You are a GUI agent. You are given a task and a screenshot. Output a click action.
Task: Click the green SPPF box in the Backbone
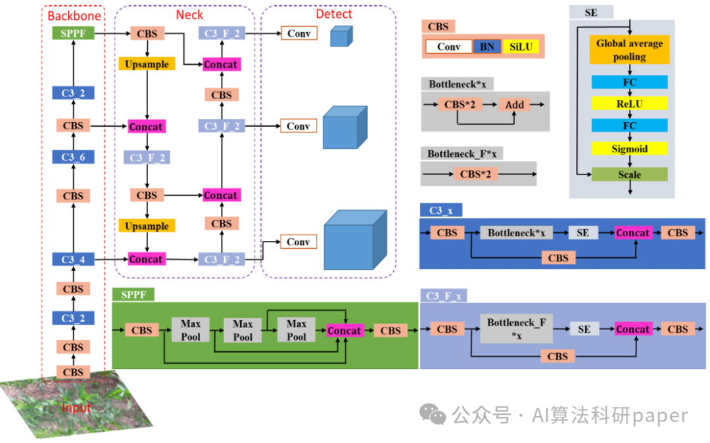(73, 33)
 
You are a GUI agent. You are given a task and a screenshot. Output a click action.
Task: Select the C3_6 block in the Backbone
(73, 157)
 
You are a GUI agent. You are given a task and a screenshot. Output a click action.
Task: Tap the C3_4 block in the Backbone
(73, 259)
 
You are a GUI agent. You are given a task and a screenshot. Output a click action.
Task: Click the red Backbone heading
(73, 14)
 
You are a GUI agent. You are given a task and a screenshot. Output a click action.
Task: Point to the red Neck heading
(189, 14)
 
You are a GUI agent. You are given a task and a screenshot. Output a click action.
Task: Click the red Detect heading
(334, 14)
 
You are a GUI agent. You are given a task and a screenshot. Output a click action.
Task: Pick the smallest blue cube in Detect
(341, 36)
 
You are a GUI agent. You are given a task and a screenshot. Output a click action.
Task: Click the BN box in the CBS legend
(486, 47)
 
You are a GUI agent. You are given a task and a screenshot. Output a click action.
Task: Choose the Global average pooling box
(629, 50)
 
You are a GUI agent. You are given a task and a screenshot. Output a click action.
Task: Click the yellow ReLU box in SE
(629, 103)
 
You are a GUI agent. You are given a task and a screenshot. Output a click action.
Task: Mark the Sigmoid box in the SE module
(629, 149)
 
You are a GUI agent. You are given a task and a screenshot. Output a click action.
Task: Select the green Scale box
(629, 175)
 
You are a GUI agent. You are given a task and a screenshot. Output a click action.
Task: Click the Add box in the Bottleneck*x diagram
(515, 104)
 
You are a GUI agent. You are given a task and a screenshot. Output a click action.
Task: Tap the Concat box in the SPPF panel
(344, 330)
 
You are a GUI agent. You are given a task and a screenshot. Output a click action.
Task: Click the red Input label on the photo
(76, 408)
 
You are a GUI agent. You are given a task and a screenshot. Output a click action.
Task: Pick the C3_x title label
(440, 210)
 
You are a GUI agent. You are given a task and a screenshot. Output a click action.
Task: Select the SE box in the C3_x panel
(583, 232)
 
